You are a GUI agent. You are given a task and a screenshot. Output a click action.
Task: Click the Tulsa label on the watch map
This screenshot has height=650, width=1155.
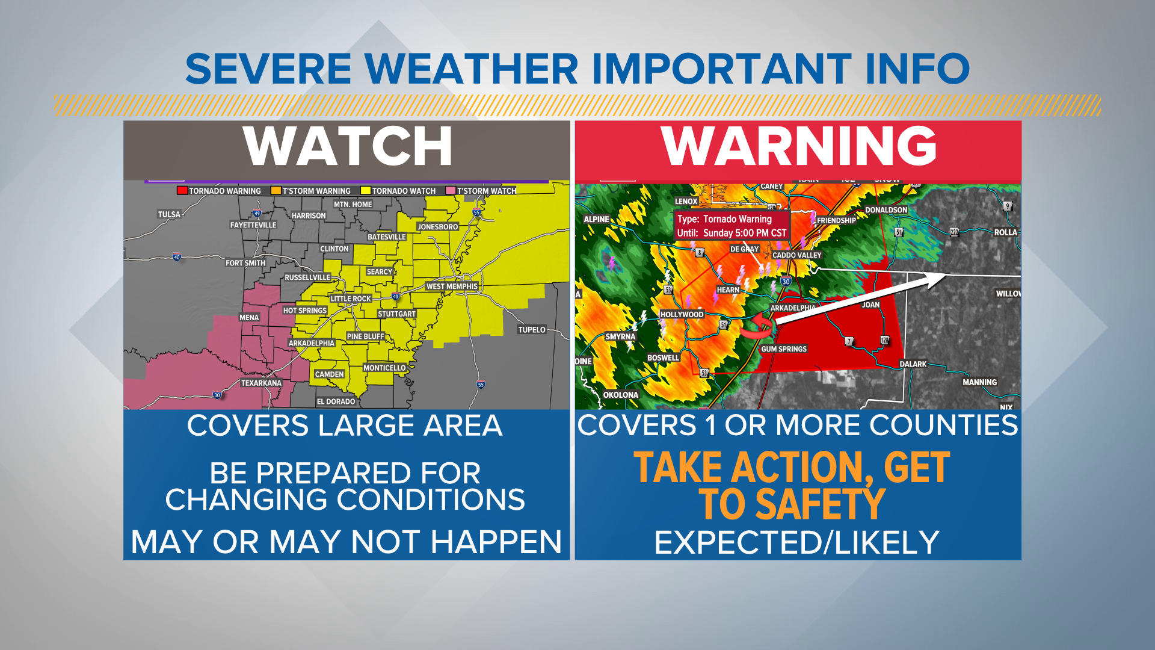[x=169, y=214]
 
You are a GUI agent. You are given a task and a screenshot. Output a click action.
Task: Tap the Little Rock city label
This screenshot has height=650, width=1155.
[x=351, y=299]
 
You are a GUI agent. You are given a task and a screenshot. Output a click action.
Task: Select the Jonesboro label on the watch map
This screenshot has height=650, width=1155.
[x=438, y=227]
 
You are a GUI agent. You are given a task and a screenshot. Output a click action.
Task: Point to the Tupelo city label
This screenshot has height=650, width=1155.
[x=532, y=330]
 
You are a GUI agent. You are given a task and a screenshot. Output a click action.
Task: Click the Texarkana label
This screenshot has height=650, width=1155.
[x=261, y=383]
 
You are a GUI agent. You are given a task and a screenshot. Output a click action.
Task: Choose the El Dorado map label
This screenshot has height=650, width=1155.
[x=336, y=401]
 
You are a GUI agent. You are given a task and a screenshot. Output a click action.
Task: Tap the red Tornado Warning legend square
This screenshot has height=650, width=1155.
[x=182, y=191]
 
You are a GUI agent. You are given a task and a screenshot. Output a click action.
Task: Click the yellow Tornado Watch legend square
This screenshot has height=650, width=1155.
[x=365, y=191]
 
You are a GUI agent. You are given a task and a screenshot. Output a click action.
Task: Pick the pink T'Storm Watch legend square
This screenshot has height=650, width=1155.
[x=450, y=191]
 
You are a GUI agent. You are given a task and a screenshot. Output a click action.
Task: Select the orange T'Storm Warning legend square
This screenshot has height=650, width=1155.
[x=276, y=191]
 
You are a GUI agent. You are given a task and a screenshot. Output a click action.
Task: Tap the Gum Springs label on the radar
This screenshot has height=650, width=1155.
[x=784, y=349]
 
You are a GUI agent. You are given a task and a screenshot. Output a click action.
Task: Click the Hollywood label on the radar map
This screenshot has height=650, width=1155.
[x=682, y=314]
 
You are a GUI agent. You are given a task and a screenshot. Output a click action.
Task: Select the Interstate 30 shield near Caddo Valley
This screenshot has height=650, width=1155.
[x=786, y=281]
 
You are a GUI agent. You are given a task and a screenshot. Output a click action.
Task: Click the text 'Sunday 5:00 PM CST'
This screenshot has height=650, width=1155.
[x=745, y=233]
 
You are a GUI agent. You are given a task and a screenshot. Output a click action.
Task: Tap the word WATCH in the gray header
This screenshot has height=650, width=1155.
[x=347, y=146]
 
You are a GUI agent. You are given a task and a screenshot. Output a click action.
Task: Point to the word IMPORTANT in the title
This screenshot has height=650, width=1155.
[x=721, y=69]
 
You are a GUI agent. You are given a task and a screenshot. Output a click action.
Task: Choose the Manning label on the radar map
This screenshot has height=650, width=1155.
[x=979, y=382]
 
